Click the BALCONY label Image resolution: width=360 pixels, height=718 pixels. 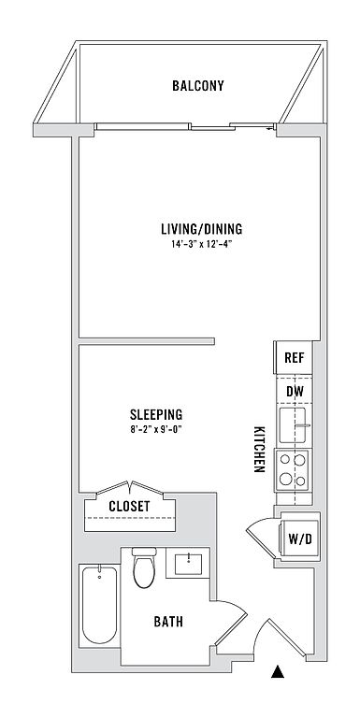[198, 86]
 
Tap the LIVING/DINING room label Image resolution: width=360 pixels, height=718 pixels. [202, 229]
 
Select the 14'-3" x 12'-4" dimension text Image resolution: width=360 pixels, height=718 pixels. [200, 244]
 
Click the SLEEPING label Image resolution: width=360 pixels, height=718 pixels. [156, 415]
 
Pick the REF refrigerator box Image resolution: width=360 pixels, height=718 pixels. [293, 357]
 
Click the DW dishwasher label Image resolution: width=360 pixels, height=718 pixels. [293, 392]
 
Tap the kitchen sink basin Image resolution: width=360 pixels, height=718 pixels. [293, 425]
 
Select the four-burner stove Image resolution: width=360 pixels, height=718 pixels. [292, 471]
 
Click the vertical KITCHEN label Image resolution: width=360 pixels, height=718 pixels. [259, 450]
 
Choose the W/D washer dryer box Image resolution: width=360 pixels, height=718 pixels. [299, 538]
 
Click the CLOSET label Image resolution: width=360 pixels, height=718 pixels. [129, 506]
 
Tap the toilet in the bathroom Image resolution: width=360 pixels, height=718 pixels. [144, 567]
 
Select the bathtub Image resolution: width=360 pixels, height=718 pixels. [99, 605]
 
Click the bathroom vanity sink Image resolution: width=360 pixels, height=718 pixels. [188, 563]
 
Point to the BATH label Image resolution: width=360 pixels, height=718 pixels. [168, 622]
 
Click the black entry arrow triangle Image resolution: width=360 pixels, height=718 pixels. [278, 671]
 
